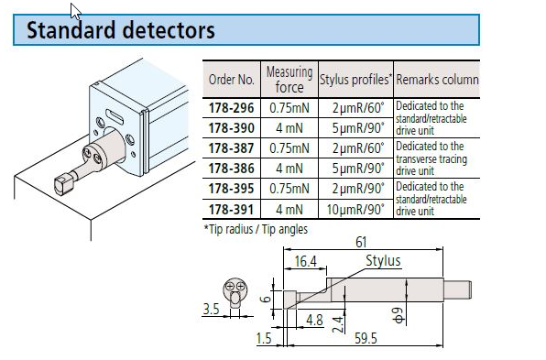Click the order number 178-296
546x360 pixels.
coord(231,108)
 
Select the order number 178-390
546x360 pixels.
coord(231,128)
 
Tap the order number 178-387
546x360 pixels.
coord(231,148)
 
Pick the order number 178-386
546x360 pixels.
coord(231,169)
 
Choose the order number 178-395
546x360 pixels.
coord(231,189)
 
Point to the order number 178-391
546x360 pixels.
coord(231,210)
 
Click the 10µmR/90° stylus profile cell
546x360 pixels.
coord(355,210)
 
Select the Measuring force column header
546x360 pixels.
coord(289,80)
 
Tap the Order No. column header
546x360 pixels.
coord(231,80)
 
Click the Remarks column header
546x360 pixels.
coord(437,80)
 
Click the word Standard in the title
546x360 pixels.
coord(71,30)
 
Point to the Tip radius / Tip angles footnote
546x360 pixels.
coord(256,229)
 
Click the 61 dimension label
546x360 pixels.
coord(361,242)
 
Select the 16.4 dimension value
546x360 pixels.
coord(305,261)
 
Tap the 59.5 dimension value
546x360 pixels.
coord(366,338)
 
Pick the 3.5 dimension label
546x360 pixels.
coord(211,309)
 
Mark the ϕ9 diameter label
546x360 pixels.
coord(399,315)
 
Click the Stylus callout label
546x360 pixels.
coord(383,260)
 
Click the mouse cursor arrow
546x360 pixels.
coord(75,11)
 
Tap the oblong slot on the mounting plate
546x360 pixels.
coord(115,117)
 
